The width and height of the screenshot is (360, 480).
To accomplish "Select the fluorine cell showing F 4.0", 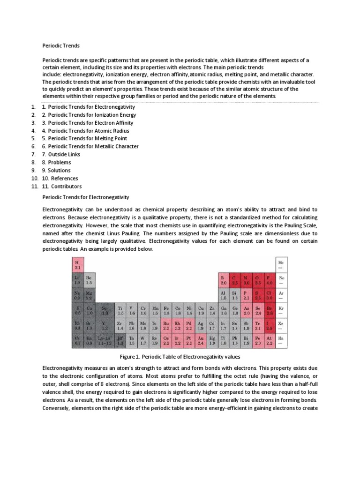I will click(270, 280).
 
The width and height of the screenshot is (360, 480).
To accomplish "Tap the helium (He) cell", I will click(281, 265).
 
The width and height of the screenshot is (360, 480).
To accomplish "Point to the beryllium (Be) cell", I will click(89, 280).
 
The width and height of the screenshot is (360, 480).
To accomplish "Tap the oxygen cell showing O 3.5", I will click(258, 280).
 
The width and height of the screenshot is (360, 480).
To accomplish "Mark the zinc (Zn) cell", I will click(212, 310).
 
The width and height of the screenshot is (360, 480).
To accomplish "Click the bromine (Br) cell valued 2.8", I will click(270, 310).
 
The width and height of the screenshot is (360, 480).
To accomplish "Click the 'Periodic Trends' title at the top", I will click(61, 46).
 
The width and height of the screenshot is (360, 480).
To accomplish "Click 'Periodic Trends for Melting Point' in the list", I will click(84, 138).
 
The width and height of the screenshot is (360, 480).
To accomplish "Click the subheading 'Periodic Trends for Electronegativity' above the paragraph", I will click(85, 197).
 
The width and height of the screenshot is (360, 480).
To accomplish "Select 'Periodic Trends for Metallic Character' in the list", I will click(90, 146).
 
